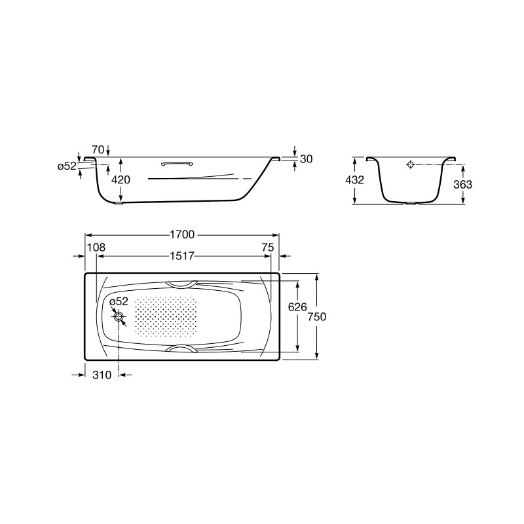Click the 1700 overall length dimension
tap(182, 234)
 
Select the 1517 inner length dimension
tap(182, 256)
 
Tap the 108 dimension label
tap(96, 248)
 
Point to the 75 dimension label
tap(268, 248)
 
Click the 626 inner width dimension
tap(297, 307)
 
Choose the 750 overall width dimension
tap(317, 316)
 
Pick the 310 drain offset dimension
tap(102, 375)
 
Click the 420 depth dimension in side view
tap(121, 179)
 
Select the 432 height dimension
tap(354, 179)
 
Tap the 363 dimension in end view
tap(463, 184)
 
